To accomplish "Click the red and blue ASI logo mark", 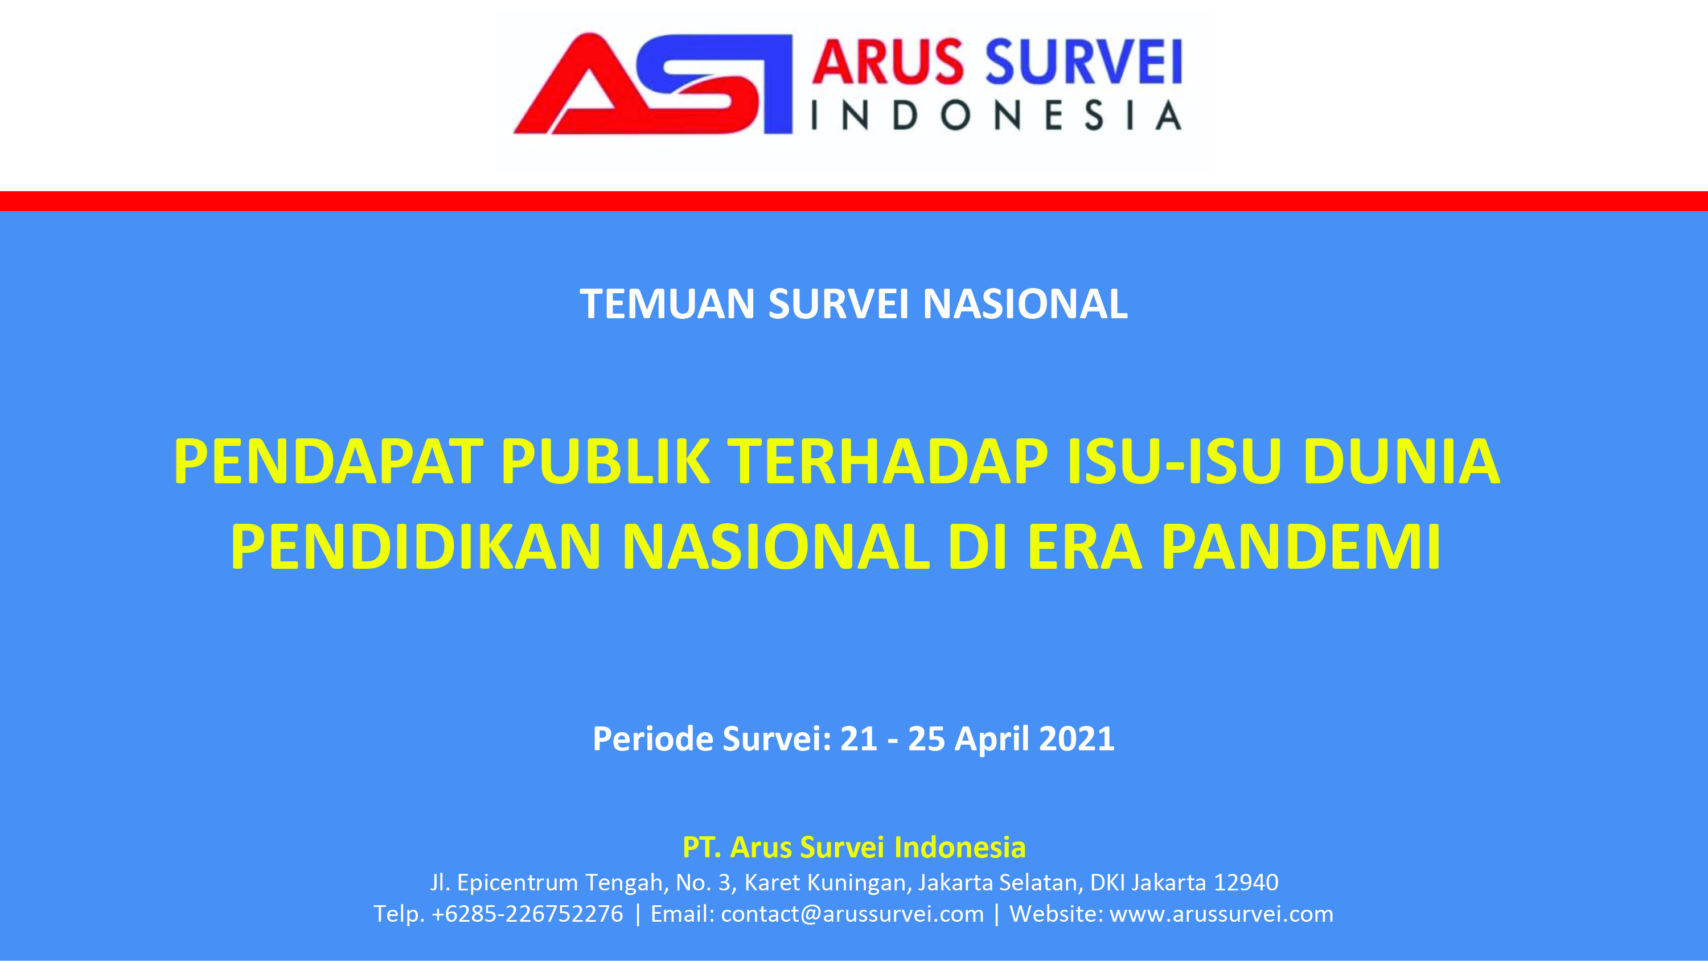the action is click(653, 84).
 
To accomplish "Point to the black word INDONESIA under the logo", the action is click(996, 116).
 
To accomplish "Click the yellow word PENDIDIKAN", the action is click(416, 547).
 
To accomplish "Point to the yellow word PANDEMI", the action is click(1301, 547).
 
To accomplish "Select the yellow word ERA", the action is click(1085, 547).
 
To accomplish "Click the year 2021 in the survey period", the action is click(1077, 738).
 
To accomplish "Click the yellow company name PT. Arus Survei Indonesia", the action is click(854, 847).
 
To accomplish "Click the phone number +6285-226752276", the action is click(527, 913).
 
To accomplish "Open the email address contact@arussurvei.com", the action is click(852, 914).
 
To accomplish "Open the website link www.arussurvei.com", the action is click(1221, 914).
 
